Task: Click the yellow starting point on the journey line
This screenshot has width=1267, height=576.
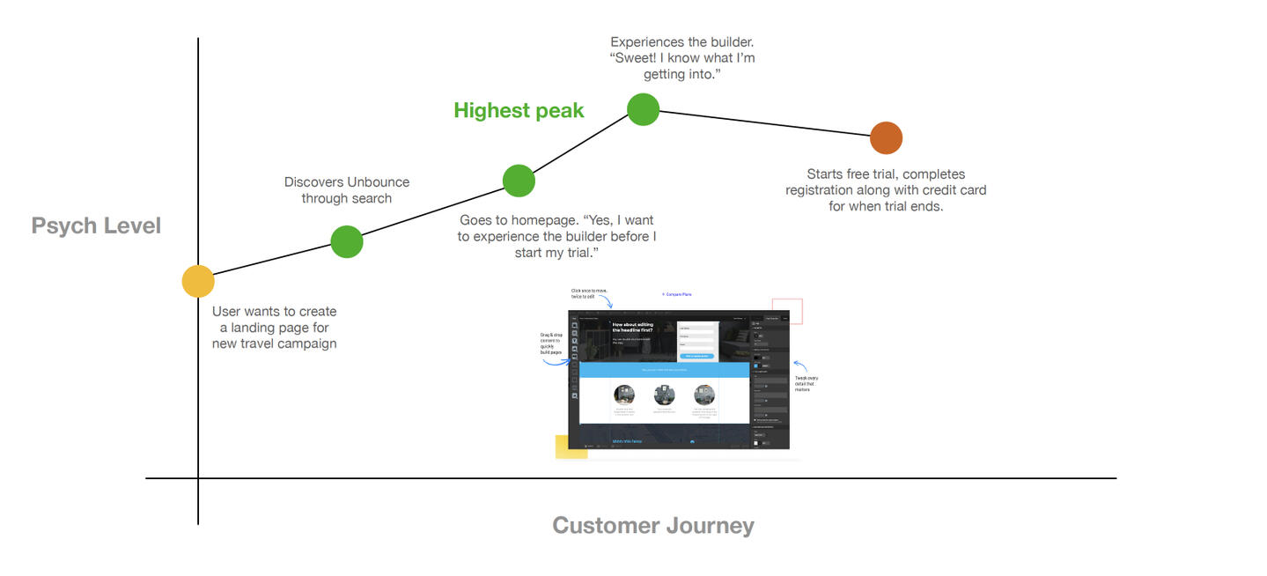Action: (x=198, y=282)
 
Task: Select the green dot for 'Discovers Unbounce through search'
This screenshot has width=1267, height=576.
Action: (x=347, y=241)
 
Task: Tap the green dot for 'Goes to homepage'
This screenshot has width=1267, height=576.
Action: (x=519, y=180)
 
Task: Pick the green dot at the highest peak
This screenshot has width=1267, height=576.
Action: (x=644, y=109)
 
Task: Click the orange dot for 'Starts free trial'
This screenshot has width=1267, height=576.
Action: (x=886, y=138)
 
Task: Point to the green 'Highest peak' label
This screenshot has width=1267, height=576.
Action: (x=519, y=110)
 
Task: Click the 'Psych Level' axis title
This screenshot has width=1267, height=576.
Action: (x=96, y=225)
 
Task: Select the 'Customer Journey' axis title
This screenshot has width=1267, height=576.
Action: (x=652, y=526)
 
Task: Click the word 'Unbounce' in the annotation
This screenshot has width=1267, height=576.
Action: (x=378, y=182)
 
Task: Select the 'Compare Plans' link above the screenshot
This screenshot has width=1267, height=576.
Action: (x=677, y=294)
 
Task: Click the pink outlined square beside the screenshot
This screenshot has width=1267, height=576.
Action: (x=787, y=311)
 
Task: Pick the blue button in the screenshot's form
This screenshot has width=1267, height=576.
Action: (x=696, y=356)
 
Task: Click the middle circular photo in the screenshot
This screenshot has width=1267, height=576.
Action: (x=665, y=395)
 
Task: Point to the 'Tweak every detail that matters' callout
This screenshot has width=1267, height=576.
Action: (x=807, y=383)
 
